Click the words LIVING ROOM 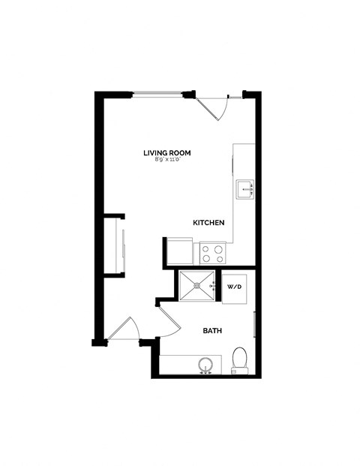pos(167,153)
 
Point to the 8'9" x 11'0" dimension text pos(167,161)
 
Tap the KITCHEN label pos(209,223)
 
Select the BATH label pos(212,330)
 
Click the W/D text pos(233,287)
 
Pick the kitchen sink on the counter pos(245,190)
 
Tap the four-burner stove pos(212,253)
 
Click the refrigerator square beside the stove pos(178,251)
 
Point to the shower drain pos(198,285)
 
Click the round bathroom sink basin pos(206,365)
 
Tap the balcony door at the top pos(216,107)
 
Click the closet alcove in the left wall pos(115,246)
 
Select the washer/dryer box pos(234,287)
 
